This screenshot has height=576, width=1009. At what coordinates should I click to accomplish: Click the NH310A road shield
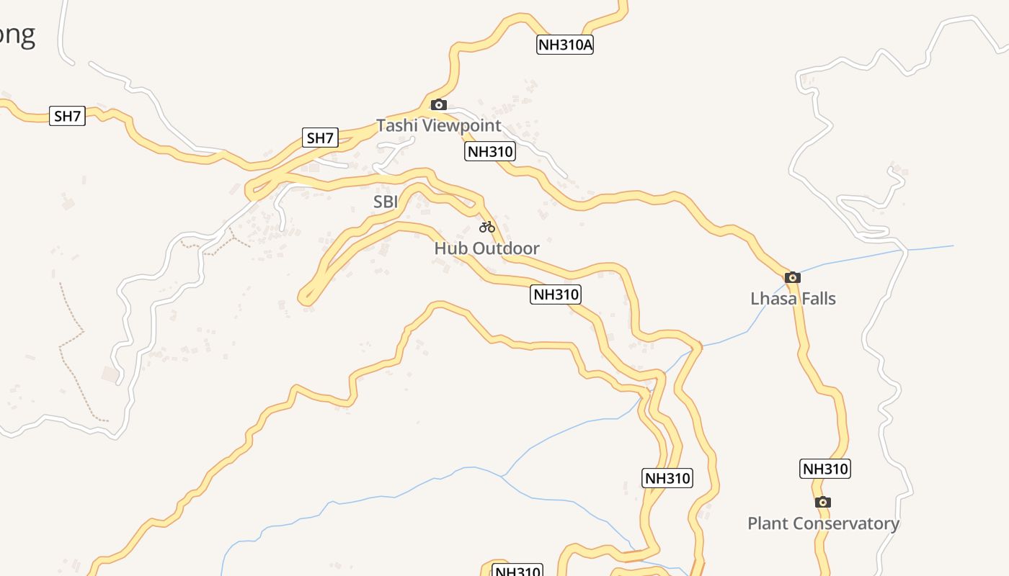(x=565, y=45)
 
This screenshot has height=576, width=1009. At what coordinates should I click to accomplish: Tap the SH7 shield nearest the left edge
(x=67, y=115)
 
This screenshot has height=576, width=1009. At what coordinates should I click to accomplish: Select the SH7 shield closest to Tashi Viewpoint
(x=320, y=138)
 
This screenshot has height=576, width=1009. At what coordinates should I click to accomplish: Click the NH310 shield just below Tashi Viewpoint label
(x=489, y=151)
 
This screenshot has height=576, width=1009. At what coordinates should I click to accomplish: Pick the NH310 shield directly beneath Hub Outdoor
(x=555, y=294)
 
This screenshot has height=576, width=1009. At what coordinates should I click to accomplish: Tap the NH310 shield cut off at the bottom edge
(x=517, y=571)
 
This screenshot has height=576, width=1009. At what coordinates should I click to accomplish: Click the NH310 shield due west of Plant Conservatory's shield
(x=667, y=477)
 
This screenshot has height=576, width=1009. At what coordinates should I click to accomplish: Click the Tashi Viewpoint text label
(x=438, y=125)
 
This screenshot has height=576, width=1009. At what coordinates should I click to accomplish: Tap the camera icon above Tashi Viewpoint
(x=438, y=105)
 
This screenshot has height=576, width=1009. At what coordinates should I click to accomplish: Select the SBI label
(x=386, y=202)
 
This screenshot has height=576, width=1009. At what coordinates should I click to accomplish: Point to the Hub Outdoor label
(x=486, y=248)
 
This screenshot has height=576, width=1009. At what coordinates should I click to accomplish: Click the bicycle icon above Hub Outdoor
(x=487, y=228)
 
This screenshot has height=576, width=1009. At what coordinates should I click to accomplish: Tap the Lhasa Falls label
(x=793, y=298)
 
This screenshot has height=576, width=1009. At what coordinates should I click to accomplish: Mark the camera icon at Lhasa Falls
(x=793, y=277)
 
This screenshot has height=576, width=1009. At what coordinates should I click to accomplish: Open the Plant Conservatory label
(x=823, y=523)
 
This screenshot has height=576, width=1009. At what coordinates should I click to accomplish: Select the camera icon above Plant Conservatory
(x=823, y=502)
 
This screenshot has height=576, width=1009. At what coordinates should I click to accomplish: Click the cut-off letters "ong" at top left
(x=17, y=35)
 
